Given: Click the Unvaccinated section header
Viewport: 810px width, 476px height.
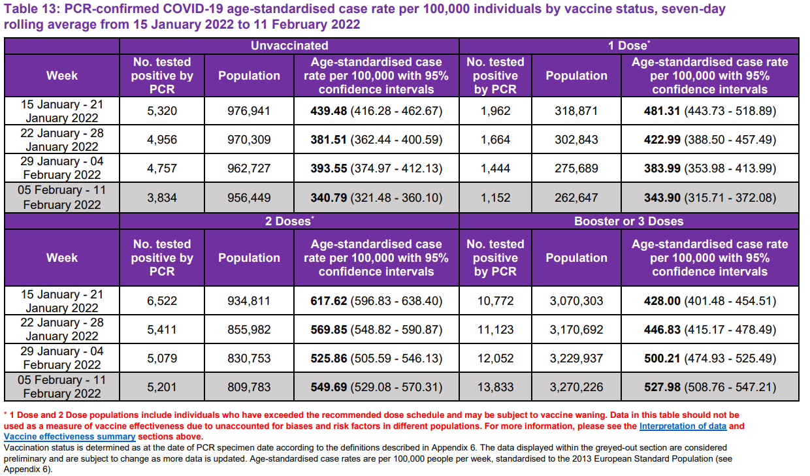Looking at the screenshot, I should click(289, 46).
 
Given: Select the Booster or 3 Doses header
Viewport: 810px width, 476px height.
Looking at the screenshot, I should click(628, 221).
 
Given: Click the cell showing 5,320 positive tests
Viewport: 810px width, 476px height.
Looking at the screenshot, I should click(162, 111).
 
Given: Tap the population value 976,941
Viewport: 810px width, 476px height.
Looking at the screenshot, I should click(249, 111).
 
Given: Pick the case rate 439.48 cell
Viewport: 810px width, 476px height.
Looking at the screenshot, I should click(376, 111).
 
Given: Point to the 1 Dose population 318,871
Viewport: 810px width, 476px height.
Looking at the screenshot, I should click(576, 111).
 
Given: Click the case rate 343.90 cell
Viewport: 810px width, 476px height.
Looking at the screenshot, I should click(709, 197).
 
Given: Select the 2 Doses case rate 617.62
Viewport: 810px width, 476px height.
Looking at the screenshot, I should click(376, 301).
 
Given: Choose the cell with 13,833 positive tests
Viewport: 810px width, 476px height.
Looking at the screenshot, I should click(495, 387).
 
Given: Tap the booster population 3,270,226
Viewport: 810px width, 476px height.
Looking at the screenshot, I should click(576, 387).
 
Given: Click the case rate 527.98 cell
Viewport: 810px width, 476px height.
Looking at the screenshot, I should click(709, 387).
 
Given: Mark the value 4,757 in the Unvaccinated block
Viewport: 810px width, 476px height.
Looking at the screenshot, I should click(162, 168).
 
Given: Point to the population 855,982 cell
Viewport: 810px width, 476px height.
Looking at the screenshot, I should click(249, 330).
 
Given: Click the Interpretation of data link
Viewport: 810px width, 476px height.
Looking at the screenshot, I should click(683, 426).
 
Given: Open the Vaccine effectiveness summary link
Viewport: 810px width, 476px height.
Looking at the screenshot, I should click(69, 437).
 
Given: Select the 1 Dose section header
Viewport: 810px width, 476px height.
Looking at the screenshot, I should click(628, 46).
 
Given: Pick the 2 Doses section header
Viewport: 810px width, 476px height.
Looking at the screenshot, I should click(289, 221).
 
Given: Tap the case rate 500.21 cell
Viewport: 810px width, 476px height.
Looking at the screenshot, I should click(709, 358).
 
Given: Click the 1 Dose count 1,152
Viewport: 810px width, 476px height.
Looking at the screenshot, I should click(495, 197).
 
